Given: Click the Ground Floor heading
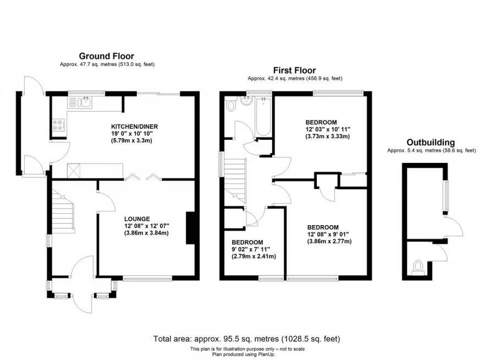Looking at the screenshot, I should click(x=107, y=56).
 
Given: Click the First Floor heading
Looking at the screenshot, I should click(x=295, y=70).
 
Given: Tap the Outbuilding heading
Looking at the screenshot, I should click(x=431, y=142).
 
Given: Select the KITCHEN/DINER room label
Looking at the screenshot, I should click(x=130, y=125).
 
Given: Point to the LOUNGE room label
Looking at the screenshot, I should click(x=137, y=219).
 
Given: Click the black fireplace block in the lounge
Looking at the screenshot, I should click(x=190, y=228).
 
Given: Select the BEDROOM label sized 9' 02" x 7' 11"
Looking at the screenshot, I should click(x=247, y=242).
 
